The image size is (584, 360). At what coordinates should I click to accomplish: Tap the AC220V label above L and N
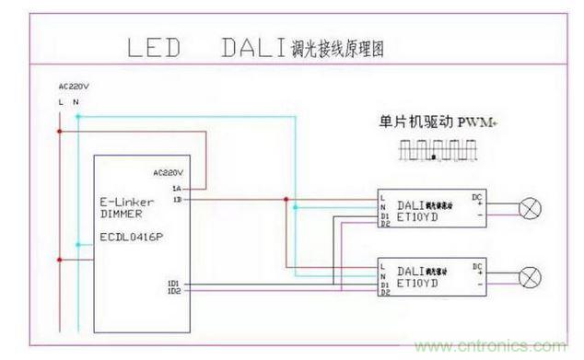coord(73,87)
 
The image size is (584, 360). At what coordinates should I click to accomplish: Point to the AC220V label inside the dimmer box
coord(169,172)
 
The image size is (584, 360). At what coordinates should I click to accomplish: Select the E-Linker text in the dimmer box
coord(125,199)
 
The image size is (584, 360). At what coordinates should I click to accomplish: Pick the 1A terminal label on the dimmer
coord(176,188)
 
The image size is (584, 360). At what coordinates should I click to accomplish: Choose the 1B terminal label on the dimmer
coord(176,199)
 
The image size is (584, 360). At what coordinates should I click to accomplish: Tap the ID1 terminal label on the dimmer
coord(174,284)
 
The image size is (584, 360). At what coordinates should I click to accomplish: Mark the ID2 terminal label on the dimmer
coord(174,293)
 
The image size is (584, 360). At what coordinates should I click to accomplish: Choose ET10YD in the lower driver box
coord(421,284)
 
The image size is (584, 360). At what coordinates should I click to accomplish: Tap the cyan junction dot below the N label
coord(77,118)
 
